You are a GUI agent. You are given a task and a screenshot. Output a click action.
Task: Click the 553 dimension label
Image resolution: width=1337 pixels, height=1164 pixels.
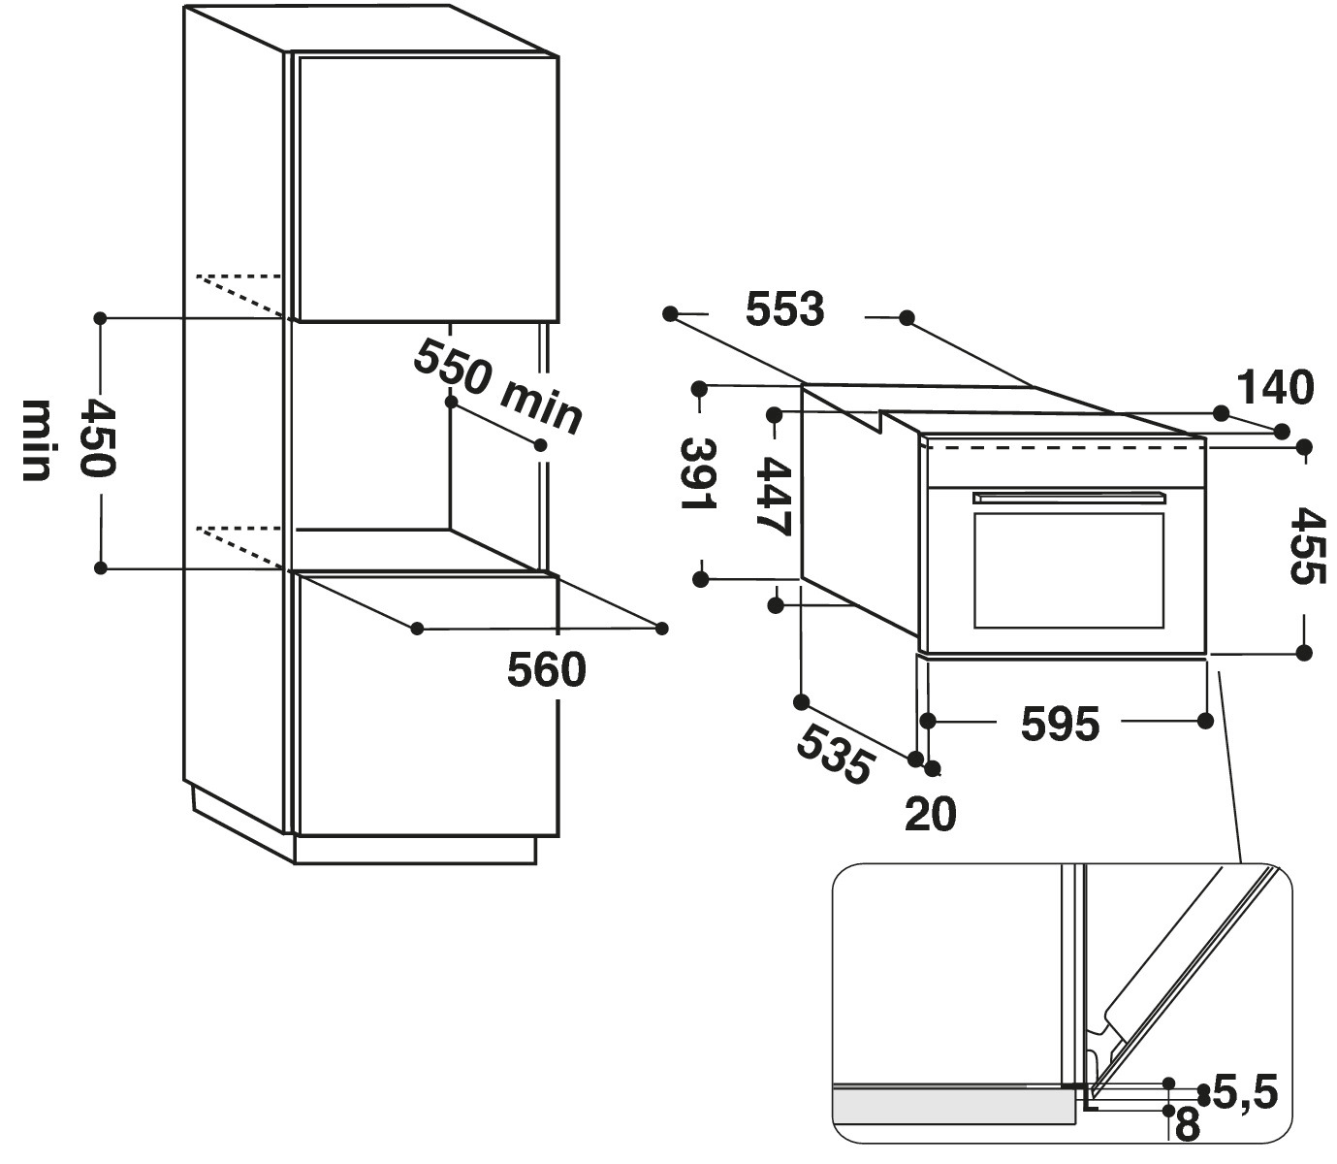[x=784, y=309]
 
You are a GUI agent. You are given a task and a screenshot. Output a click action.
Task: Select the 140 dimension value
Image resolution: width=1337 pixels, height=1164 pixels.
[x=1275, y=388]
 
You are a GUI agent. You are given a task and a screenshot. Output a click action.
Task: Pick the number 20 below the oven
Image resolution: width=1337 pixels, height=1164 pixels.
[x=930, y=815]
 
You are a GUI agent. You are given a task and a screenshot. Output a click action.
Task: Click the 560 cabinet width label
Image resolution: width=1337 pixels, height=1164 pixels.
[x=547, y=670]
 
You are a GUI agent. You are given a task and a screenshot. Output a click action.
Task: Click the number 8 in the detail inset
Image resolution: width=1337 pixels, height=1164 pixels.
[x=1187, y=1126]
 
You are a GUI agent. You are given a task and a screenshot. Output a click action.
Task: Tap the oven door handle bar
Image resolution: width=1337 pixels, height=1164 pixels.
[x=1069, y=498]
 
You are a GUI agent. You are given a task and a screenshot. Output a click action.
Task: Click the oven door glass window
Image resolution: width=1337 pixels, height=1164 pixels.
[x=1068, y=570]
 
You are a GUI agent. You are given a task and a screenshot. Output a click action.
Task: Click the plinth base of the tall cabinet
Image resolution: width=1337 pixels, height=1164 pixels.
[x=415, y=850]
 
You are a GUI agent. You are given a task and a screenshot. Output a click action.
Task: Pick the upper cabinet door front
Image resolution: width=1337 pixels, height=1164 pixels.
[x=427, y=189]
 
